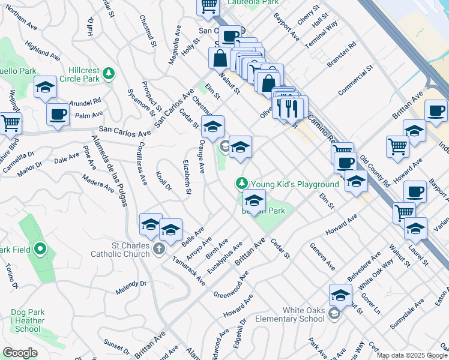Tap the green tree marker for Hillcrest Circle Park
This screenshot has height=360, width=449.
pyautogui.click(x=109, y=74)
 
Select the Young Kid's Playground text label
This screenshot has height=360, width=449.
pyautogui.click(x=295, y=184)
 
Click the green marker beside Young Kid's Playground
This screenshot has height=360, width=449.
pyautogui.click(x=242, y=182)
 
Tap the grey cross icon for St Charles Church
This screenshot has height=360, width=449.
pyautogui.click(x=159, y=248)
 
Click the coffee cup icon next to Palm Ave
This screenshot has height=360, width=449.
pyautogui.click(x=58, y=113)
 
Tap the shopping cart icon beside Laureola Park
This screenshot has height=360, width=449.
pyautogui.click(x=208, y=5)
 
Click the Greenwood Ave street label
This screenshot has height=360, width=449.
pyautogui.click(x=231, y=284)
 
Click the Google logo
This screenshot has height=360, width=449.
pyautogui.click(x=20, y=353)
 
